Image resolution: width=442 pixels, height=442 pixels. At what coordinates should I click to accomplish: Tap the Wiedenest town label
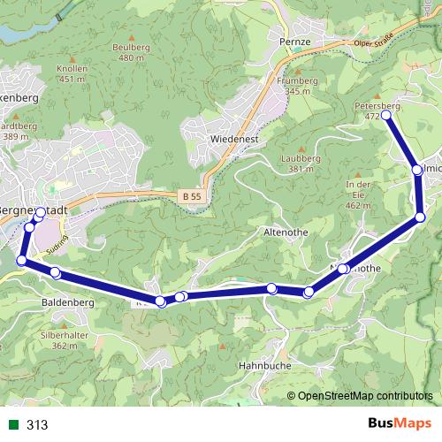click(x=233, y=140)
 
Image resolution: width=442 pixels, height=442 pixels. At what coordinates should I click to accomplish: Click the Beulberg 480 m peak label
click(x=130, y=52)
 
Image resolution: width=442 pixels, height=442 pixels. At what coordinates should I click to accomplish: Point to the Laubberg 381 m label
click(x=301, y=164)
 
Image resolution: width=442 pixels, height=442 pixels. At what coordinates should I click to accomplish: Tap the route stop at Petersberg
click(x=386, y=115)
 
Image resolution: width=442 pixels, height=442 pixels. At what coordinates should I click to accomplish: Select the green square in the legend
click(x=11, y=424)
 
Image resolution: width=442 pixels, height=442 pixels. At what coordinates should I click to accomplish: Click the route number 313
click(x=37, y=424)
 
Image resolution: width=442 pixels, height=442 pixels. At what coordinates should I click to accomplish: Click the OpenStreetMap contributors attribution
click(x=365, y=395)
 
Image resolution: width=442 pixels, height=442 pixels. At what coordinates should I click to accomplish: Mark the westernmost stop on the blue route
click(x=22, y=260)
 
